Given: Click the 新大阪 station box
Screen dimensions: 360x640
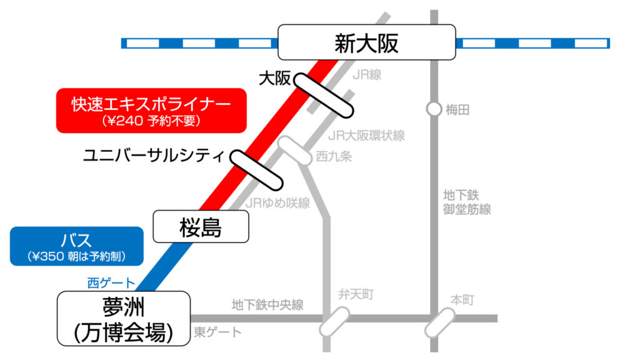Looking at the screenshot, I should pos(366,43).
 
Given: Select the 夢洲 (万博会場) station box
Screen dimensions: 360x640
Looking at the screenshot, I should pos(123,318).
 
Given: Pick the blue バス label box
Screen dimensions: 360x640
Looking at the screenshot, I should pos(77,246).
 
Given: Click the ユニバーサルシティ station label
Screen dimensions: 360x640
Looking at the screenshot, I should pos(153,155).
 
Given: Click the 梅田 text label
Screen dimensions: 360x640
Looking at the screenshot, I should pos(457,110).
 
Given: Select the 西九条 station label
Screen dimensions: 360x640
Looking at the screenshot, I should pos(334,156).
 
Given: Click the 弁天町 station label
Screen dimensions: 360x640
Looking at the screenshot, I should pos(356,293).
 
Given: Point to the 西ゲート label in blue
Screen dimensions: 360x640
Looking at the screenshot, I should pos(109,283).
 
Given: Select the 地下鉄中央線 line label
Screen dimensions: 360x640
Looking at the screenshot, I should pos(267,305).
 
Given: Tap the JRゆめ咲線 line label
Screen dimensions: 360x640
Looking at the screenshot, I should pos(277,203).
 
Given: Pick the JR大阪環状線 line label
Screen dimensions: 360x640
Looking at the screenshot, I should pos(366,135).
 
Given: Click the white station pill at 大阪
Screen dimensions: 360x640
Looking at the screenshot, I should pos(324,94).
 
